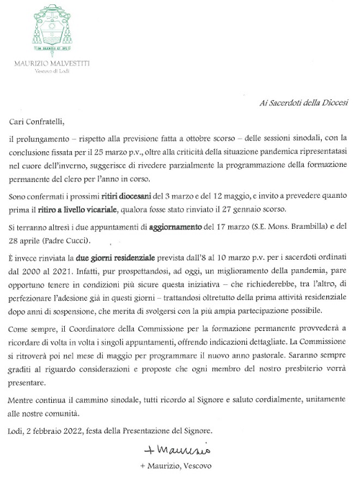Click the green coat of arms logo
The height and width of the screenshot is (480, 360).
pos(50,28)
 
